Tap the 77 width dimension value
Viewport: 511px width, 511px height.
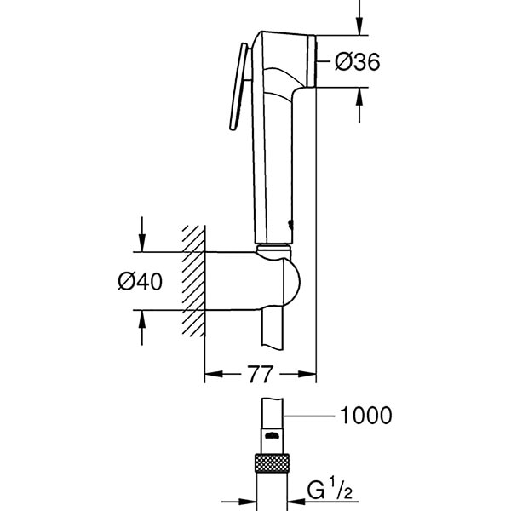coord(260,374)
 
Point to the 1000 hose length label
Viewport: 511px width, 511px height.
coord(366,416)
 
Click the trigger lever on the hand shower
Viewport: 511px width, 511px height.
coord(238,89)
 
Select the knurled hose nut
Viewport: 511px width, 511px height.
coord(270,467)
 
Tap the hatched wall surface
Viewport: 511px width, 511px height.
coord(194,281)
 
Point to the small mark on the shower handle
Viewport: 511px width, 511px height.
coord(293,226)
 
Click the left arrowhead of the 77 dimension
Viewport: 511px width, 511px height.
coord(213,374)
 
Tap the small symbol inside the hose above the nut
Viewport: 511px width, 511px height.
coord(270,438)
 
